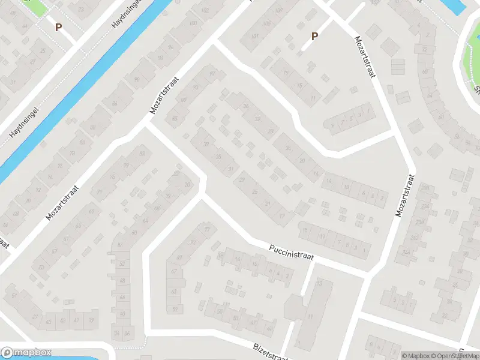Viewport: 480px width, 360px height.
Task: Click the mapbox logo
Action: click(x=26, y=353)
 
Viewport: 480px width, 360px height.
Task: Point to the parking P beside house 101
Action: click(x=314, y=37)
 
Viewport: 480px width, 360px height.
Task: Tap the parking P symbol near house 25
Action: click(x=58, y=27)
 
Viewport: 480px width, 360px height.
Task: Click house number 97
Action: click(x=212, y=74)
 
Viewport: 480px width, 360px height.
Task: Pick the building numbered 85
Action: click(x=175, y=119)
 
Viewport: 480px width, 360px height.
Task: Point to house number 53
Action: click(x=41, y=268)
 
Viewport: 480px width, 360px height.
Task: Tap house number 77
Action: click(x=208, y=229)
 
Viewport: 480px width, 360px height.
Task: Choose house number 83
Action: click(x=142, y=154)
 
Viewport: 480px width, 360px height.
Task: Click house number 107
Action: click(x=278, y=11)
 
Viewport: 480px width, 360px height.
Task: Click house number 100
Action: click(x=193, y=23)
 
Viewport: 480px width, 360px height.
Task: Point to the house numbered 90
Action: click(x=137, y=80)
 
